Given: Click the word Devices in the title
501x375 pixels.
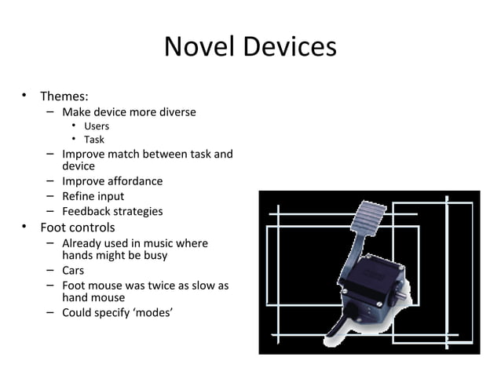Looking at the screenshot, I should [x=290, y=48].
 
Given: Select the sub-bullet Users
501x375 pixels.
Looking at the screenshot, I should [x=97, y=126].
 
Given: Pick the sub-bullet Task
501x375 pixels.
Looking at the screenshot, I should [x=94, y=140].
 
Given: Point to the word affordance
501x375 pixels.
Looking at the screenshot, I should [x=136, y=181].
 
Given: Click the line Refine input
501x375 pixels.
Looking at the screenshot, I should [x=93, y=196].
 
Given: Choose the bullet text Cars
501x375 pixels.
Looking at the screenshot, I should [x=73, y=271].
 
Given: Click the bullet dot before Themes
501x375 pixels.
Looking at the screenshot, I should [x=25, y=96].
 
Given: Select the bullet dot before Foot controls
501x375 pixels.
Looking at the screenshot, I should [x=25, y=228].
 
